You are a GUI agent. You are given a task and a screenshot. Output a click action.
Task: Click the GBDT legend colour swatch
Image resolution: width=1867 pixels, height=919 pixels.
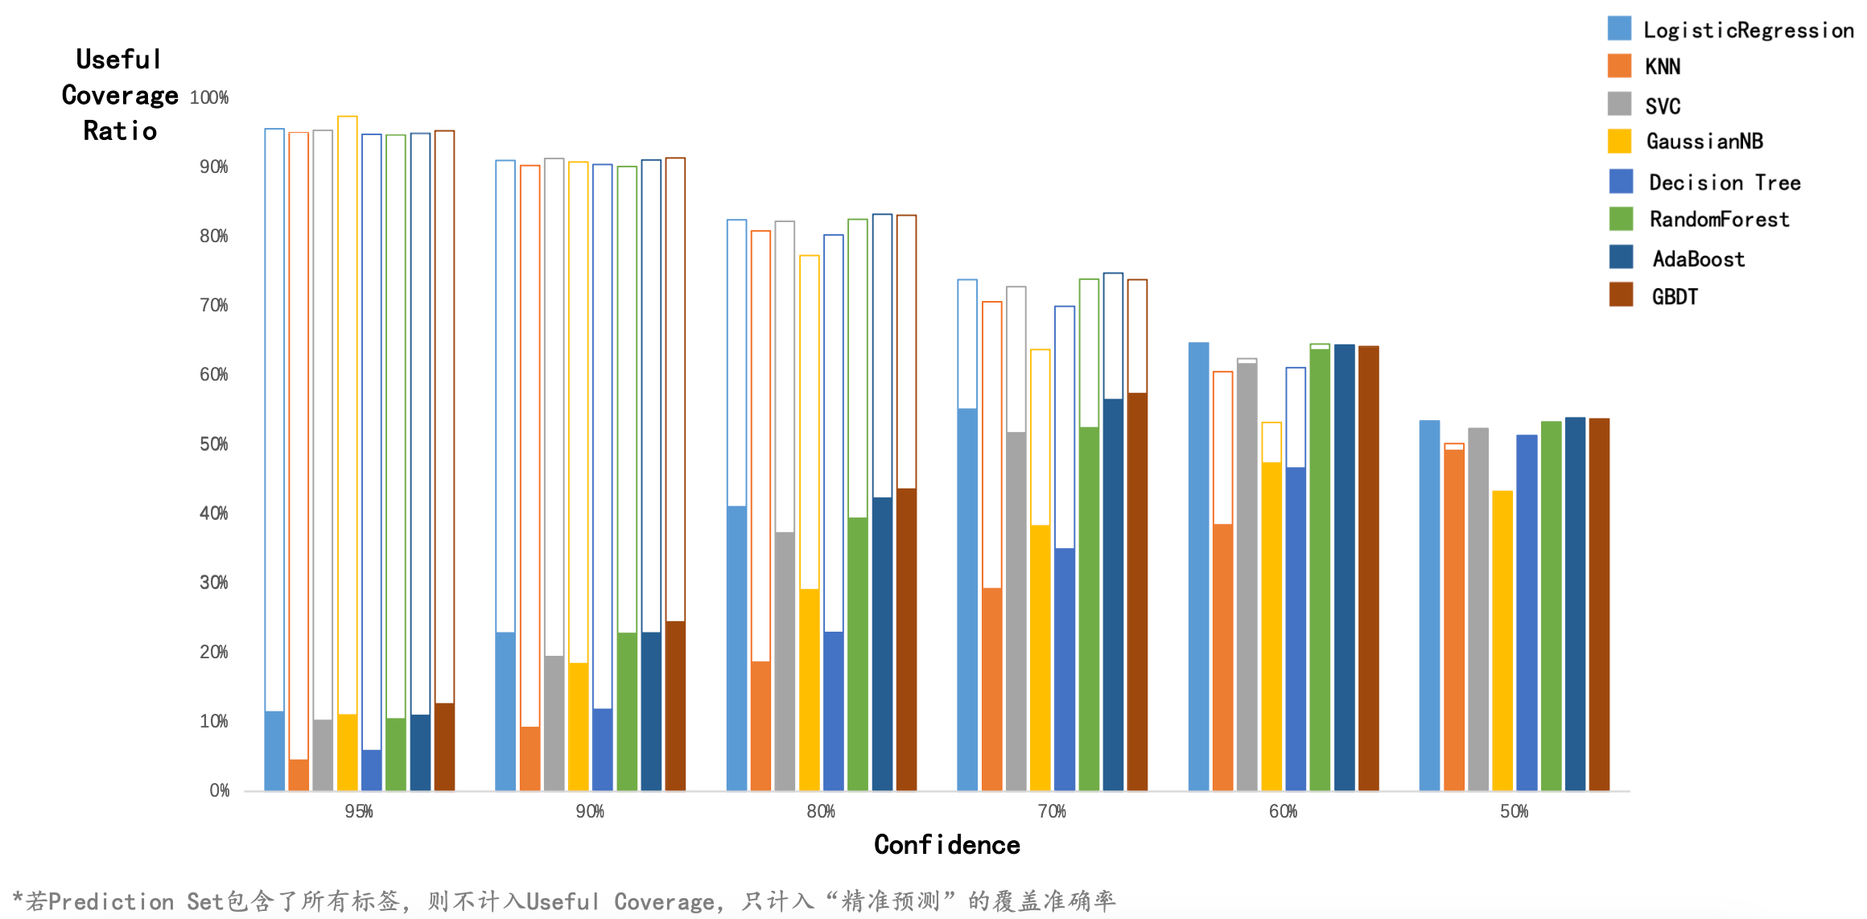pyautogui.click(x=1620, y=295)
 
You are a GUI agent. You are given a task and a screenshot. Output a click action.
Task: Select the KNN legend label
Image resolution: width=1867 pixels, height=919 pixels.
pyautogui.click(x=1662, y=67)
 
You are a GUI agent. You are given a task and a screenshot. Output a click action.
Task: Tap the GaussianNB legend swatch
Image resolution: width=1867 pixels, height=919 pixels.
pyautogui.click(x=1619, y=141)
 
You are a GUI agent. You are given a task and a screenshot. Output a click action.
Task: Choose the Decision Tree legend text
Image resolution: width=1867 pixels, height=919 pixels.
pyautogui.click(x=1725, y=183)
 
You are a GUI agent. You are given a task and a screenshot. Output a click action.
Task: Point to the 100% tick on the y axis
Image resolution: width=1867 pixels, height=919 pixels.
pyautogui.click(x=209, y=98)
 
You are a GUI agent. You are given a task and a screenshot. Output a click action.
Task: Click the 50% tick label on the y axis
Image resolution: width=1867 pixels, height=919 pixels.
pyautogui.click(x=214, y=444)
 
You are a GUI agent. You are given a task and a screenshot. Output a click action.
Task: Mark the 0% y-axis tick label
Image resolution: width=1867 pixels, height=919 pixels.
pyautogui.click(x=219, y=790)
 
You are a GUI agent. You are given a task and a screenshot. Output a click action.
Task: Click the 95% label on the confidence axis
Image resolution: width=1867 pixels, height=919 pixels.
pyautogui.click(x=359, y=811)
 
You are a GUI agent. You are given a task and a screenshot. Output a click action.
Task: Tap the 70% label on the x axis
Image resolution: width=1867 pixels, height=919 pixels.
pyautogui.click(x=1052, y=811)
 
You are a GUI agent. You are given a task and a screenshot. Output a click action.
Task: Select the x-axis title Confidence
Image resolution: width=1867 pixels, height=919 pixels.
pyautogui.click(x=946, y=845)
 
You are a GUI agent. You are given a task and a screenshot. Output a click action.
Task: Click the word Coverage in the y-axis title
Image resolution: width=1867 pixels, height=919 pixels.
pyautogui.click(x=120, y=96)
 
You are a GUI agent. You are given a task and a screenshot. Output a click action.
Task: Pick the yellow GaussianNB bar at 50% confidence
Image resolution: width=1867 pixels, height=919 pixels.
pyautogui.click(x=1502, y=641)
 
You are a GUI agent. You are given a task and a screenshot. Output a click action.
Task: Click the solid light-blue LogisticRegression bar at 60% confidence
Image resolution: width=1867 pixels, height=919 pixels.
pyautogui.click(x=1198, y=567)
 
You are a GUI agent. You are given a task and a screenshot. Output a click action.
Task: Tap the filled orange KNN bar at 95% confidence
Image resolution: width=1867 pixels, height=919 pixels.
pyautogui.click(x=299, y=775)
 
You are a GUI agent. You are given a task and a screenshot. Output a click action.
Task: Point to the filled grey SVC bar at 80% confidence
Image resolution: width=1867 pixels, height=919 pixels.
pyautogui.click(x=785, y=661)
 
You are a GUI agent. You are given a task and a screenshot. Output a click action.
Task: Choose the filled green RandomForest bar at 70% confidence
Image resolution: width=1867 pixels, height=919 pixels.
pyautogui.click(x=1089, y=608)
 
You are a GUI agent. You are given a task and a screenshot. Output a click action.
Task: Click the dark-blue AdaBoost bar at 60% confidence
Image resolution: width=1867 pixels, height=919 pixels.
pyautogui.click(x=1344, y=567)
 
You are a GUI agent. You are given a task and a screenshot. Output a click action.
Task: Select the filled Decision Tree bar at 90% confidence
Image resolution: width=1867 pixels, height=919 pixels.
pyautogui.click(x=603, y=749)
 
